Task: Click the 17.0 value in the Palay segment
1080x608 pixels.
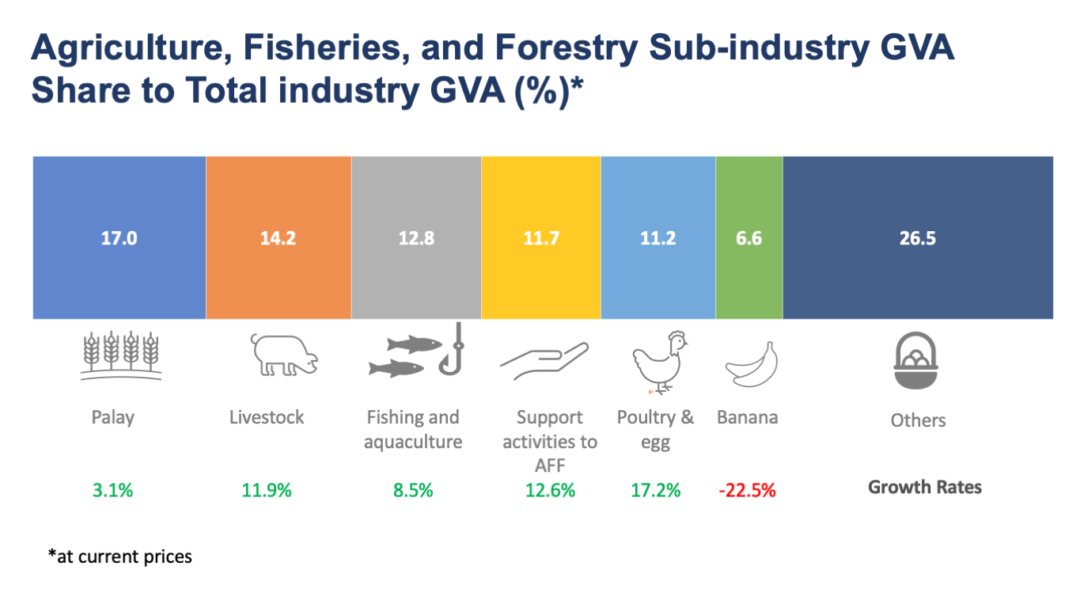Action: [119, 238]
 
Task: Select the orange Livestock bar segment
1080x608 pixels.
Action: [279, 237]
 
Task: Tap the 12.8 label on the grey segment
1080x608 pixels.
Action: [416, 238]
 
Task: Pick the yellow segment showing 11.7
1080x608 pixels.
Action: [541, 237]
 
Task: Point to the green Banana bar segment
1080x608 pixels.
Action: [749, 237]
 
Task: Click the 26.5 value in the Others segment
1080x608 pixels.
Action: [918, 238]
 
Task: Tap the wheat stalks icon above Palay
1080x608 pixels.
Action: [121, 355]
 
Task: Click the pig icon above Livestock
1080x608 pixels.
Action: [284, 355]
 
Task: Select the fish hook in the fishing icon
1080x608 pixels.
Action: [453, 349]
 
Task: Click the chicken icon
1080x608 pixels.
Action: [660, 363]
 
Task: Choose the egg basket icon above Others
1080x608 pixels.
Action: [916, 360]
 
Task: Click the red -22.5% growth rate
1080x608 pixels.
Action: [748, 491]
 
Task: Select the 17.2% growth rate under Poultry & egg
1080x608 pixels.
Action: [656, 491]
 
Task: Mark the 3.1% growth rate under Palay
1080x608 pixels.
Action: [113, 491]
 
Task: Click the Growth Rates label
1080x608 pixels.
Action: [925, 488]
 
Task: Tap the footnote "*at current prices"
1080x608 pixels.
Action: [120, 557]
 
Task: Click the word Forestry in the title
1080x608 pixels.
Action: [567, 47]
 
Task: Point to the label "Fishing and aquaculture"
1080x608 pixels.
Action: [413, 429]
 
